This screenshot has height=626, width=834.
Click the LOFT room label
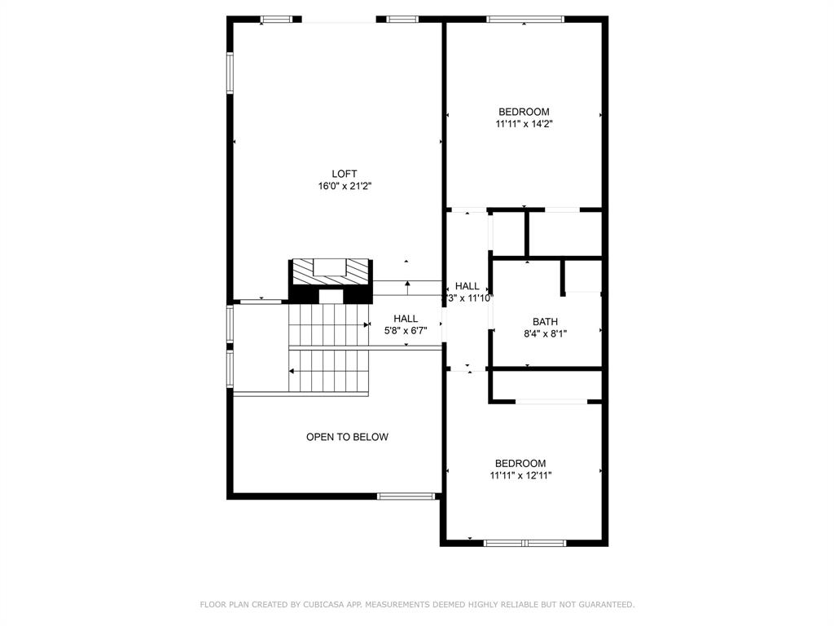(x=345, y=174)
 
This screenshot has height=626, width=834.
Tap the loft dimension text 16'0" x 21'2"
(x=345, y=186)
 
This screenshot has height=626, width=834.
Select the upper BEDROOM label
(x=524, y=112)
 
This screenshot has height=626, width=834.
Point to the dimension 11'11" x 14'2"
(x=524, y=124)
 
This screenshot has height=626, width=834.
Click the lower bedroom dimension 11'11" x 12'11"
(x=521, y=475)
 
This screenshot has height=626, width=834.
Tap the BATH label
(x=546, y=321)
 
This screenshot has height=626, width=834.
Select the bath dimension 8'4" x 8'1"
(x=546, y=333)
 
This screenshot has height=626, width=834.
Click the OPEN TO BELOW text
(x=347, y=437)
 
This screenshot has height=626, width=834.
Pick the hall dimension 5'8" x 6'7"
(x=406, y=331)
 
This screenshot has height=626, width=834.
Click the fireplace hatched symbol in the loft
(x=331, y=269)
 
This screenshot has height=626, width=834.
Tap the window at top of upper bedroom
(x=525, y=19)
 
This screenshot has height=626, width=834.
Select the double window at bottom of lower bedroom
(x=525, y=542)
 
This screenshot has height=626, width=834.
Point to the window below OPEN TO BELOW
(x=407, y=495)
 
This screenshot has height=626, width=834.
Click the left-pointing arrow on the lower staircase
(x=293, y=371)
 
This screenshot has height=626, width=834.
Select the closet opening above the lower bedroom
(x=551, y=401)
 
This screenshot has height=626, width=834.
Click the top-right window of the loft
(x=402, y=19)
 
